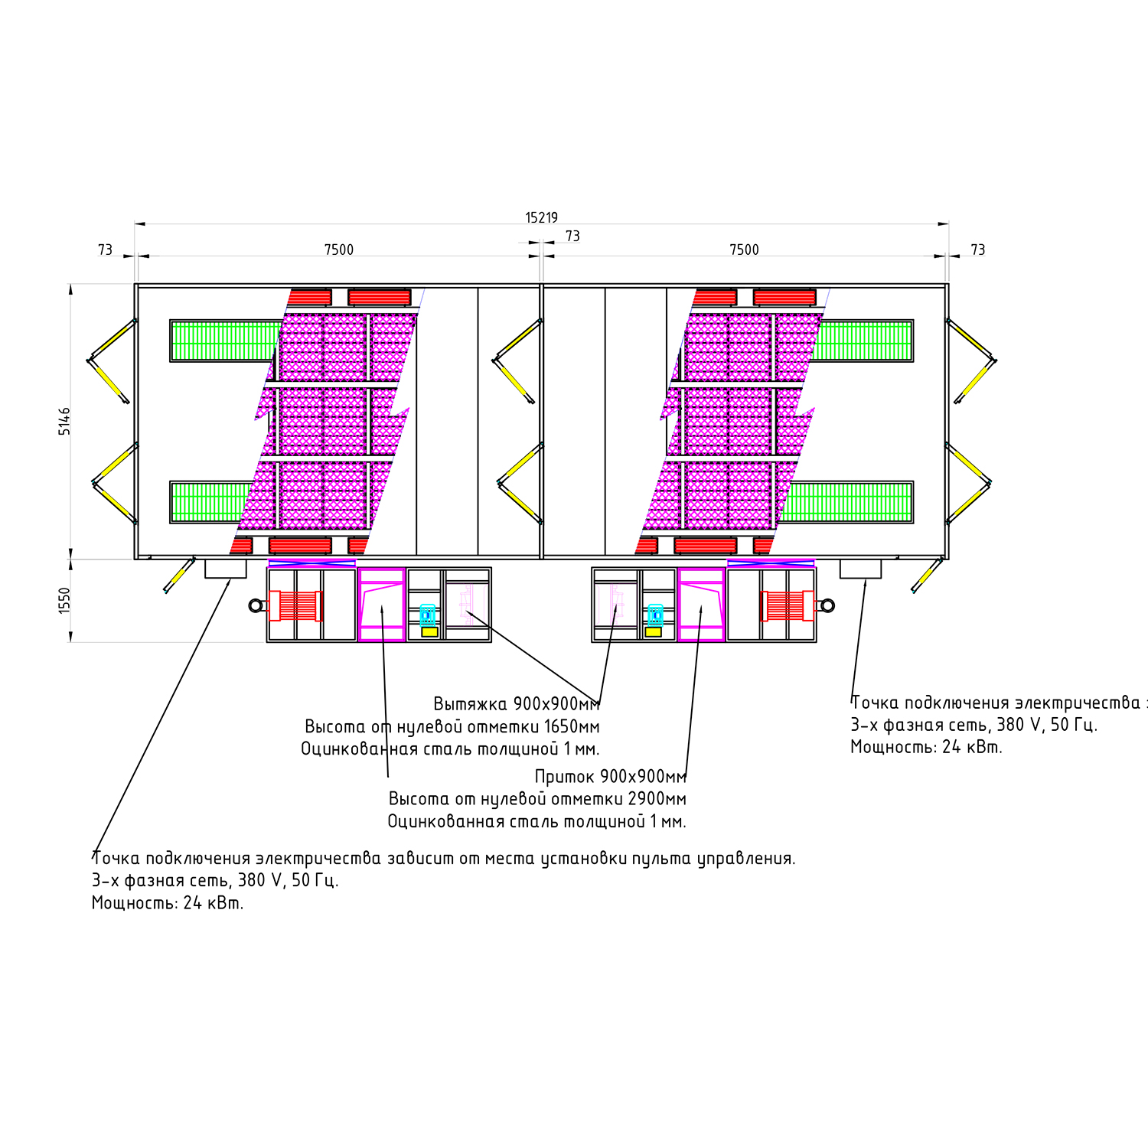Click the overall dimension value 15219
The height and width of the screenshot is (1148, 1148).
[541, 218]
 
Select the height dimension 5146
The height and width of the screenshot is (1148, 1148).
[65, 422]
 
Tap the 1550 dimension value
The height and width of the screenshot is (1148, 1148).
[65, 600]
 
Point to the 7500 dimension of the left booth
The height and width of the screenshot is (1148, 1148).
[339, 249]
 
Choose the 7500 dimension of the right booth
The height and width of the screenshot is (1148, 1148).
[744, 249]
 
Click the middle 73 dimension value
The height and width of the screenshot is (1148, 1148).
[572, 236]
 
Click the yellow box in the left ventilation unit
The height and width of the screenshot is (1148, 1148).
[429, 632]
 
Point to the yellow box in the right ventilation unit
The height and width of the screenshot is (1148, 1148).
[653, 632]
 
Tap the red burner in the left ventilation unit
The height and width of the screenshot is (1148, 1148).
[295, 606]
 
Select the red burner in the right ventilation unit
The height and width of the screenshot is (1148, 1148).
[787, 606]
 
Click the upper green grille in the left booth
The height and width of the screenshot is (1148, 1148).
[226, 341]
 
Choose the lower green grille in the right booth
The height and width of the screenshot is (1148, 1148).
[846, 502]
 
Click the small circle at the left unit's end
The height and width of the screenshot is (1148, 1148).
[256, 606]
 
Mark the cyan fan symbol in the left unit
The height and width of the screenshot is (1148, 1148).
[428, 615]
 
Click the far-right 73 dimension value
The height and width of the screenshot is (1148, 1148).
[978, 249]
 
